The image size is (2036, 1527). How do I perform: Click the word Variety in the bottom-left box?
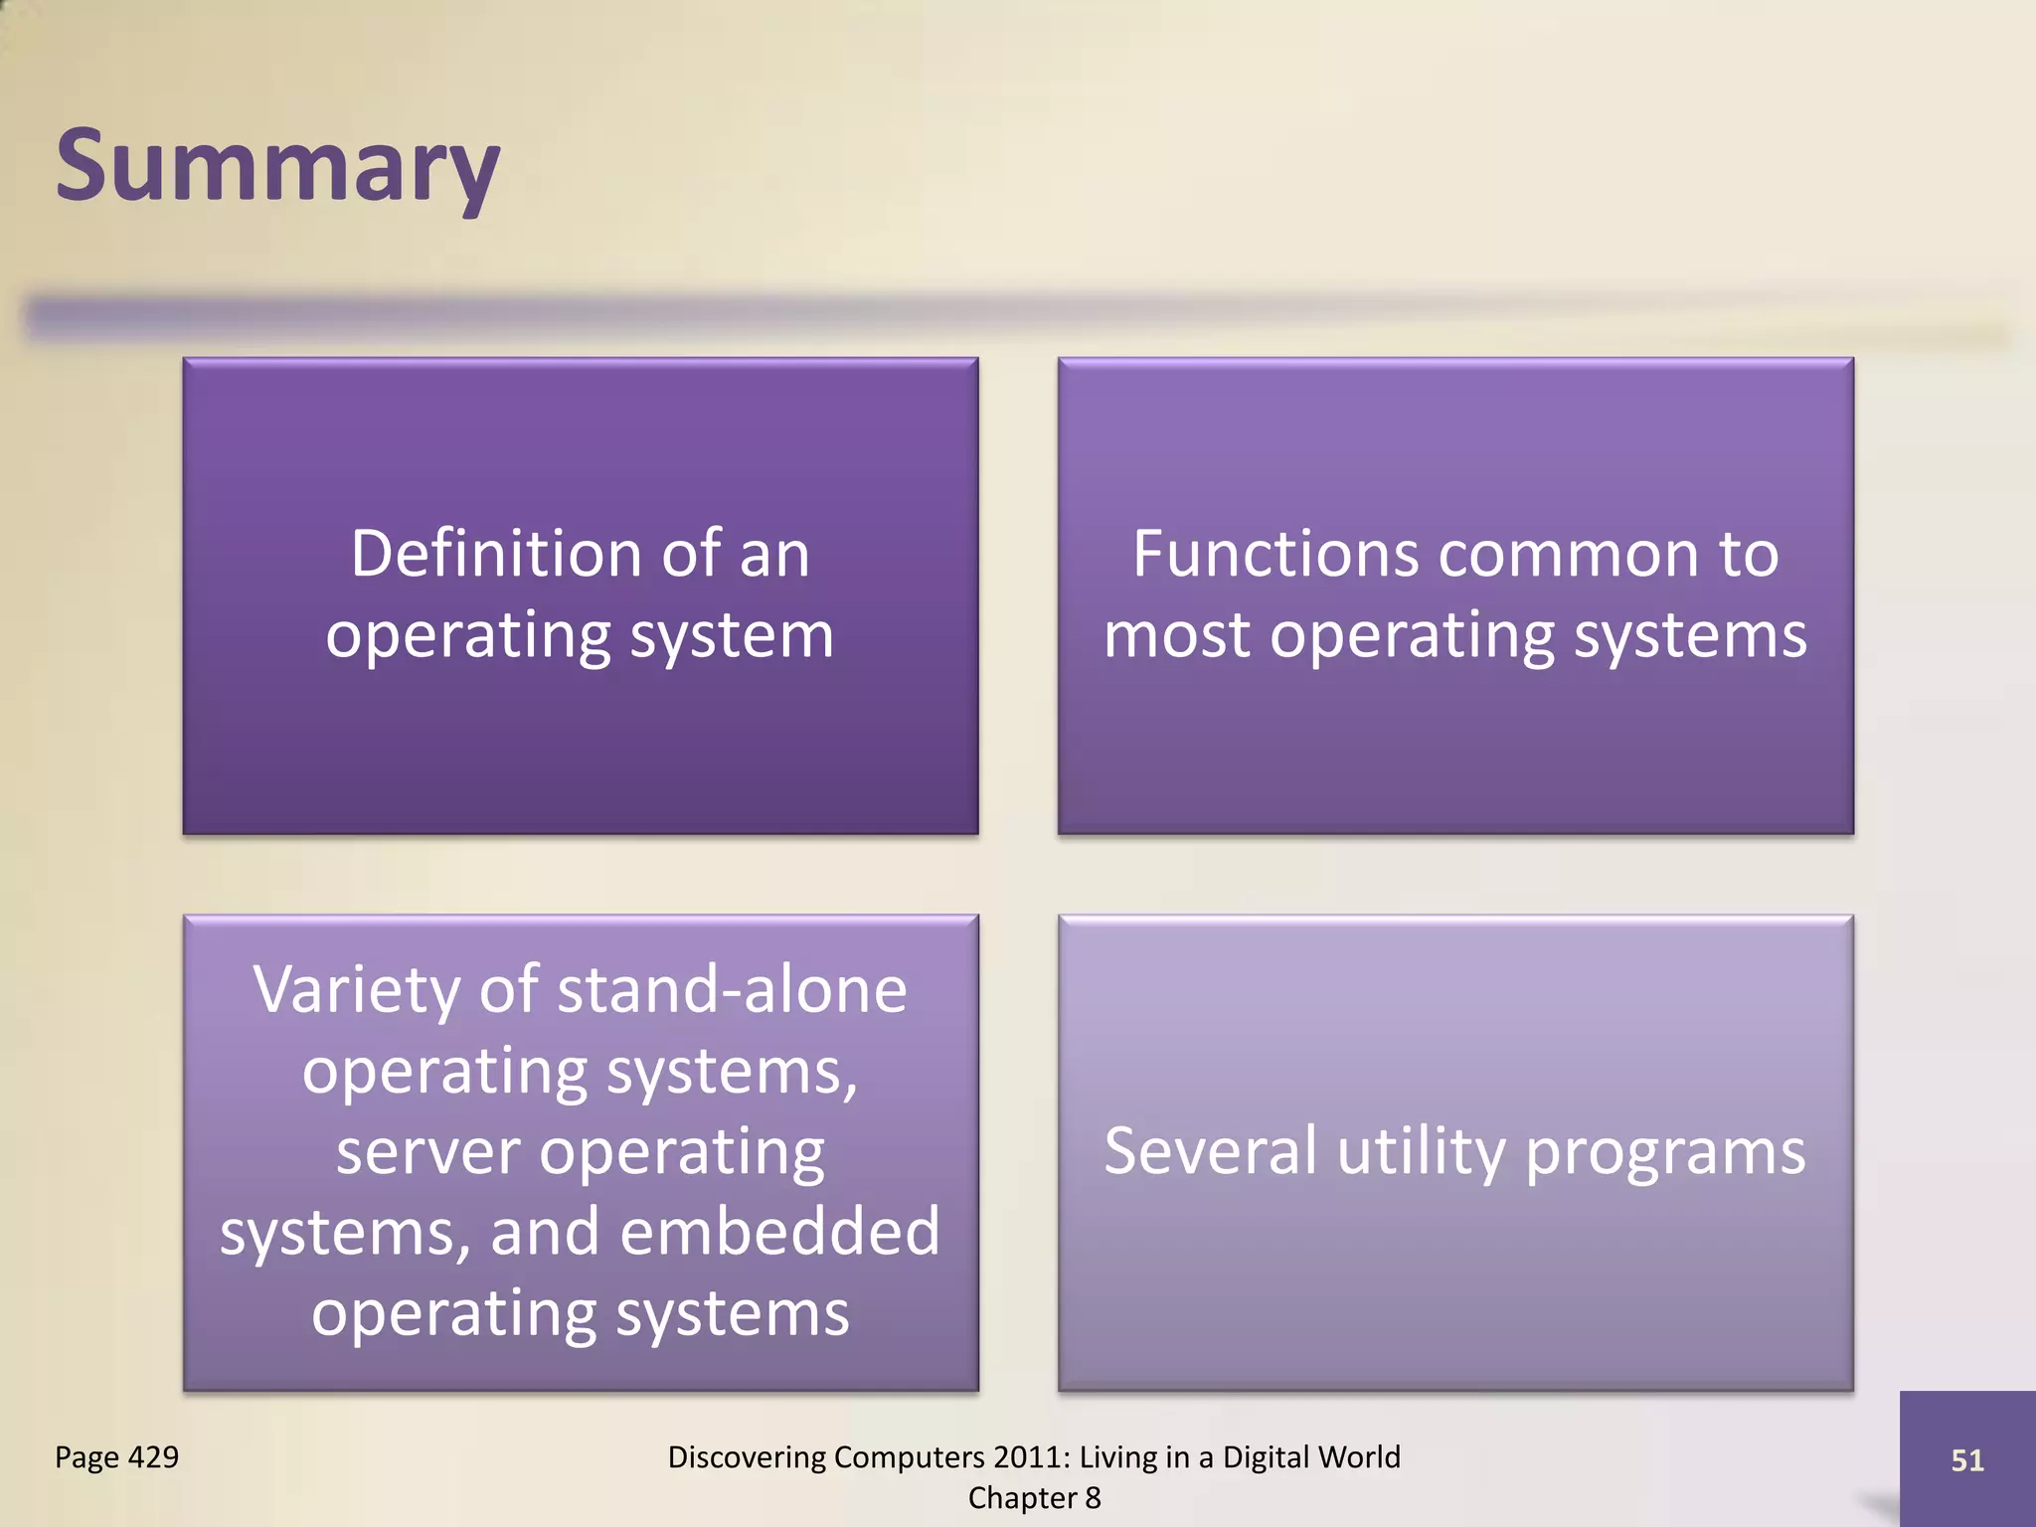357,990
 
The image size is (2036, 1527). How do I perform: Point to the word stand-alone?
733,990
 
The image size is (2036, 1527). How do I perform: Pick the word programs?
1665,1153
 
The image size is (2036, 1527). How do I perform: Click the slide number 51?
1966,1460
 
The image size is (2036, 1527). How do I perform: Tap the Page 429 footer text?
116,1457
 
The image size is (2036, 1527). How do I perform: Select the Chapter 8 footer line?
1034,1498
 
